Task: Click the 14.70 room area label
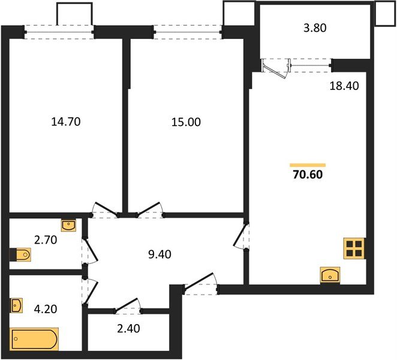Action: tap(66, 122)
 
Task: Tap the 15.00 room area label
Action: tap(186, 122)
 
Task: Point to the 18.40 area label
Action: tap(344, 86)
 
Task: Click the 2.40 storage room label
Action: tap(129, 328)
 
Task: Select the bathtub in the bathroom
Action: tap(35, 339)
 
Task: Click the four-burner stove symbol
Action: tap(353, 248)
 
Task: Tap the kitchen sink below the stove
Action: tap(330, 275)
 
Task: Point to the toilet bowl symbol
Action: tap(22, 255)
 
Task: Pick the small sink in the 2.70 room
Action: tap(69, 226)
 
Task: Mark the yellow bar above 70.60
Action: tap(308, 164)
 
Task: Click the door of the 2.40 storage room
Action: tap(127, 308)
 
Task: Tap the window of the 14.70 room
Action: tap(59, 31)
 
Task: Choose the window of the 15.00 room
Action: tap(188, 31)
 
